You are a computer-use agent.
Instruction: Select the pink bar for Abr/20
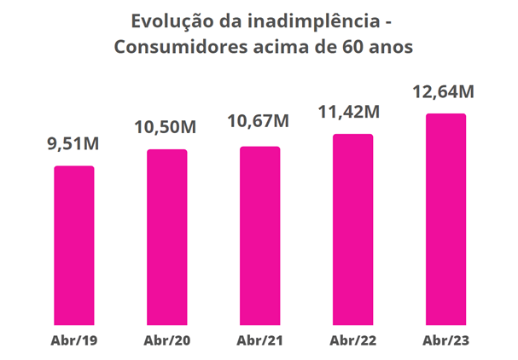tap(166, 235)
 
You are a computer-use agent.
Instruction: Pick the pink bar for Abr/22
tap(352, 228)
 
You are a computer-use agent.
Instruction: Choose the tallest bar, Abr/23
tap(445, 218)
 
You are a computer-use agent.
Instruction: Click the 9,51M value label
tap(73, 144)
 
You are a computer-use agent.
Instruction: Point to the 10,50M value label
tap(166, 127)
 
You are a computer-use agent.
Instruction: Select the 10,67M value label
tap(259, 122)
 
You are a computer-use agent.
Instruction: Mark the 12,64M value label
tap(444, 90)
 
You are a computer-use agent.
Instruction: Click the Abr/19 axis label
tap(73, 341)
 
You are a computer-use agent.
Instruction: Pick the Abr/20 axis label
tap(166, 341)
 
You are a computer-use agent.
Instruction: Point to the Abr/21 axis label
tap(259, 341)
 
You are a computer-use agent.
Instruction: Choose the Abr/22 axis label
tap(352, 341)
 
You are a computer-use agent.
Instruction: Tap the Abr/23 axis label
tap(445, 341)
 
